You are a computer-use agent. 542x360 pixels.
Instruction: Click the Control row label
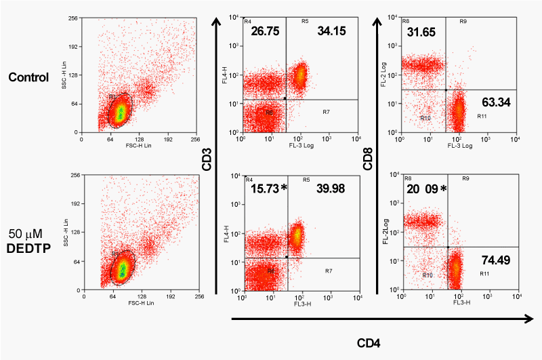click(x=28, y=77)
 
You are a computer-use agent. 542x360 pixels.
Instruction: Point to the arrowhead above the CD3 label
click(x=217, y=24)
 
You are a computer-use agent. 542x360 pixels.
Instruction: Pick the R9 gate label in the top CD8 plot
click(x=463, y=22)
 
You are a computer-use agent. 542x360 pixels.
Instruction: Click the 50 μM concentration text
click(x=25, y=235)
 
